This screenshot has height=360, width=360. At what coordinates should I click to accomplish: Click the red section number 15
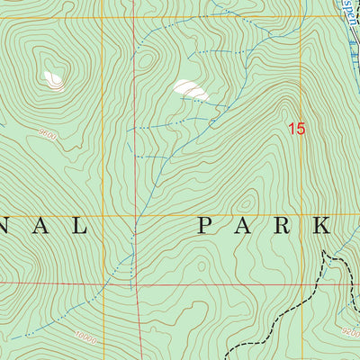pyautogui.click(x=296, y=130)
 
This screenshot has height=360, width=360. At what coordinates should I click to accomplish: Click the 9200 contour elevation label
pyautogui.click(x=350, y=332)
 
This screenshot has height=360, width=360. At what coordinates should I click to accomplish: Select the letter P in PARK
pyautogui.click(x=206, y=225)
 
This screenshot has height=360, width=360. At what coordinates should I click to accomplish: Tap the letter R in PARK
pyautogui.click(x=286, y=225)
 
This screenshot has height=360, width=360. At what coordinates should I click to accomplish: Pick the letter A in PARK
pyautogui.click(x=246, y=225)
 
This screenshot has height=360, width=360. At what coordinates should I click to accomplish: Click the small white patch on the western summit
pyautogui.click(x=54, y=80)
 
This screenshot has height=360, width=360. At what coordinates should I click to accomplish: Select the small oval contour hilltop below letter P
pyautogui.click(x=210, y=270)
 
